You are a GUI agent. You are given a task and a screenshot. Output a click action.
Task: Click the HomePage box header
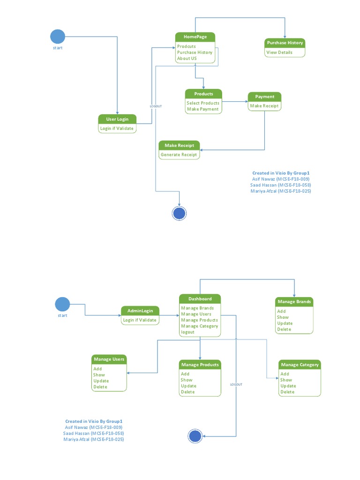click(195, 37)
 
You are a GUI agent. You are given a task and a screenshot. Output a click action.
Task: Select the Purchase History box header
click(285, 43)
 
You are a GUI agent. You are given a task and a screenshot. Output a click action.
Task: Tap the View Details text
click(279, 52)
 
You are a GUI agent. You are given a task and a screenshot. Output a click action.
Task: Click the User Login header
click(117, 119)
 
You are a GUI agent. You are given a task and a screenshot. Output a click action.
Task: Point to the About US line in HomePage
click(187, 59)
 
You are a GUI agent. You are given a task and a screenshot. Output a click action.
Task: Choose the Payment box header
click(265, 97)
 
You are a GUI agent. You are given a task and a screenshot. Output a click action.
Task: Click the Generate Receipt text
click(179, 154)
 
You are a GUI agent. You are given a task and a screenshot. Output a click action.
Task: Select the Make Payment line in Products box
click(202, 109)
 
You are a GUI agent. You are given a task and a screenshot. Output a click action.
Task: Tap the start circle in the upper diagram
click(58, 37)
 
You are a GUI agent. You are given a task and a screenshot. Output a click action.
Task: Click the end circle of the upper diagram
click(180, 213)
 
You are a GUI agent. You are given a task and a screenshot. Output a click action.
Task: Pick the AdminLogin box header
click(140, 311)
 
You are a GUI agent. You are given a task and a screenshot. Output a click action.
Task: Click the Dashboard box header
click(200, 299)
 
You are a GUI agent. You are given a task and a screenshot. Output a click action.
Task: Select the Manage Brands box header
click(294, 301)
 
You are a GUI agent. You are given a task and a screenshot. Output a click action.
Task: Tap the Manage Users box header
click(109, 359)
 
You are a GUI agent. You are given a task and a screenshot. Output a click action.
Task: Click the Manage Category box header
click(300, 364)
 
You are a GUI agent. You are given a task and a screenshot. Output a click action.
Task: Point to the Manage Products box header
click(200, 364)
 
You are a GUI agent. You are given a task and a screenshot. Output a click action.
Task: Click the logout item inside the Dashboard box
click(187, 332)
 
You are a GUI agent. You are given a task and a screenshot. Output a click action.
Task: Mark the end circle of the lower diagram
click(195, 436)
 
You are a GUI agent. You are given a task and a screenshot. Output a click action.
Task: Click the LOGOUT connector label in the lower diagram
click(236, 384)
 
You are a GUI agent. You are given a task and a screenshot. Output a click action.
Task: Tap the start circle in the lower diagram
click(62, 304)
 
